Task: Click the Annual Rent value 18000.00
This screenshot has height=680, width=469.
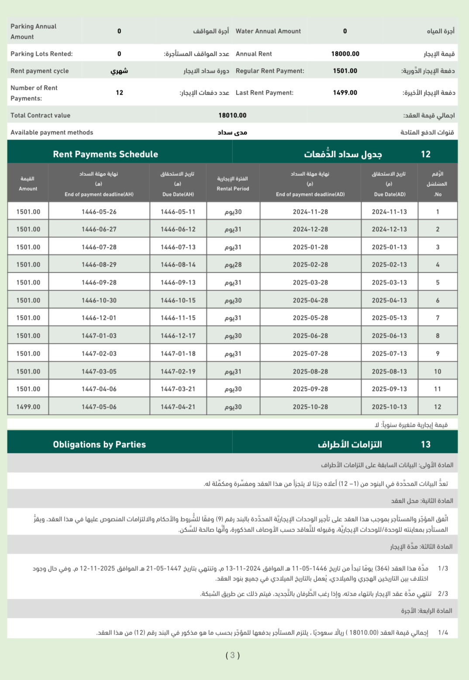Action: pos(345,54)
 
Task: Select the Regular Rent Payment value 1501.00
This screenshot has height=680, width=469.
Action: pos(345,71)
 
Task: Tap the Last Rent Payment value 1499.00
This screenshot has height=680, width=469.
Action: pos(345,93)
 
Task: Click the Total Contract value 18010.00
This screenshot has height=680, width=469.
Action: pos(232,115)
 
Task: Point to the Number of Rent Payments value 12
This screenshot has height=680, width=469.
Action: pos(119,93)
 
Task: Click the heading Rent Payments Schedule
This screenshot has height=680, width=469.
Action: pos(105,154)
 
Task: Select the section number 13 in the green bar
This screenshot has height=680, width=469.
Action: pos(425,444)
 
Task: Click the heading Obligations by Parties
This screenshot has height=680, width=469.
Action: pos(99,444)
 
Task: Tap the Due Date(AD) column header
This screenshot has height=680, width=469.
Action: pos(390,194)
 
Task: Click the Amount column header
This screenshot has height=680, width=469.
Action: pos(28,189)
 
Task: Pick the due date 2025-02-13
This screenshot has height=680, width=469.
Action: pos(389,264)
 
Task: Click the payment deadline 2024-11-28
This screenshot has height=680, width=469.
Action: pos(310,212)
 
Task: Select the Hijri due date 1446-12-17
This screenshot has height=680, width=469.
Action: pos(178,336)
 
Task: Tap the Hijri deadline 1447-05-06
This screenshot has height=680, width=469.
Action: pos(99,407)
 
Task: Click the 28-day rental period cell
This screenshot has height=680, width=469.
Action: pos(233,264)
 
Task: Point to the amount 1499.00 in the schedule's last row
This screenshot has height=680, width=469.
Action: pos(28,407)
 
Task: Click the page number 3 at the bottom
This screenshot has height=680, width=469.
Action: pos(232,655)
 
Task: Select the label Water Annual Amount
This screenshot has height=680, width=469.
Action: pos(268,31)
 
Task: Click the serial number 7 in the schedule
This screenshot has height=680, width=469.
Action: pos(438,318)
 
